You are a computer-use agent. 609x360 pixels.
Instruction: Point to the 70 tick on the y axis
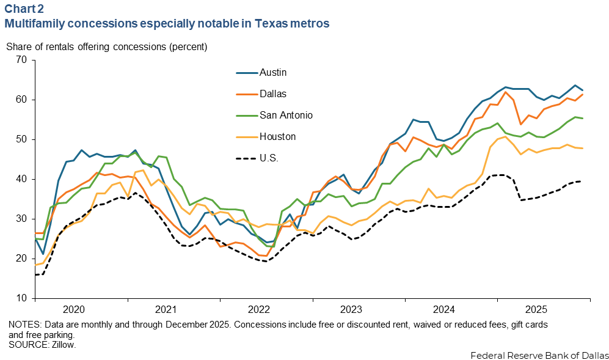pos(23,60)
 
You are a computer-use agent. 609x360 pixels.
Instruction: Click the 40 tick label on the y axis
pos(23,179)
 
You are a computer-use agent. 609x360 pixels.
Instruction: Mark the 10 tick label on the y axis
pos(23,298)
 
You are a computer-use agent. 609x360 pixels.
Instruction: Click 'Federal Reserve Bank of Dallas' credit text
pos(540,354)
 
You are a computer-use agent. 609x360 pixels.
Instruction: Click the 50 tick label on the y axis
pos(23,139)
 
